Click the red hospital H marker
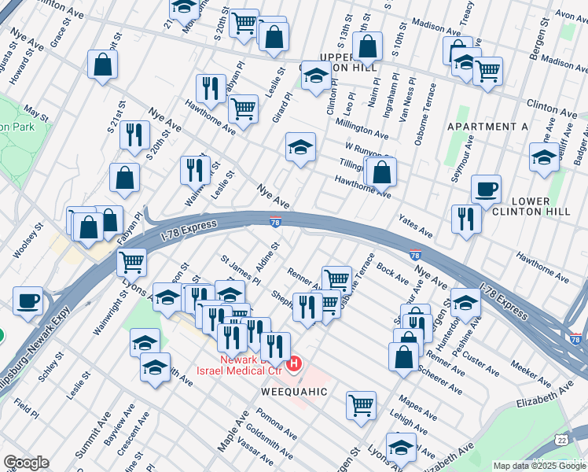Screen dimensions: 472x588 point(294,363)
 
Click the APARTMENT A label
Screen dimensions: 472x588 point(487,127)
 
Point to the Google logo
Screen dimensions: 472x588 point(26,463)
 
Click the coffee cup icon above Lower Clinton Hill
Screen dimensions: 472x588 point(486,189)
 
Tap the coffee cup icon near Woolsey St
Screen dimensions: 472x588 point(28,301)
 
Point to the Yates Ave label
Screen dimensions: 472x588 point(415,226)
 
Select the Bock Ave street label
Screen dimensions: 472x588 point(392,274)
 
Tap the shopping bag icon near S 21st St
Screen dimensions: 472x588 point(103,65)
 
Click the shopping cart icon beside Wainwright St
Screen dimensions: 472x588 point(131,261)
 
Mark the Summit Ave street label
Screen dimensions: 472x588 point(103,436)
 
